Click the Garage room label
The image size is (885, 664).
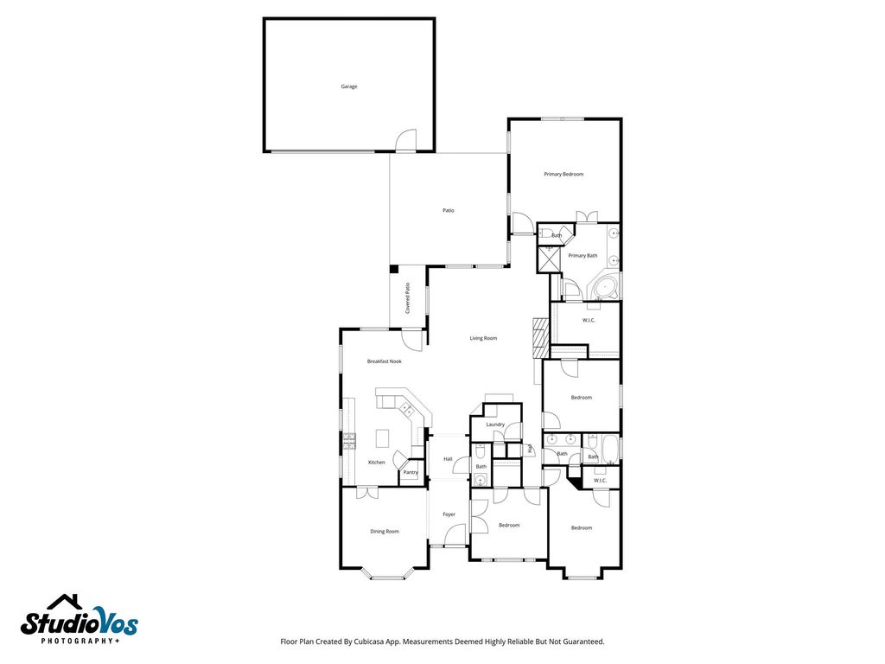[x=349, y=86]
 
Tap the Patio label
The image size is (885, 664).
[x=449, y=211]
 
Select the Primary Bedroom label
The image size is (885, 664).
[x=563, y=174]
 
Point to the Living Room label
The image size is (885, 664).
[x=484, y=338]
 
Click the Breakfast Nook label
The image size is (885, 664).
[x=385, y=361]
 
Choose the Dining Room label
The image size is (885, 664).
[x=385, y=532]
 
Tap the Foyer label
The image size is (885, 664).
[x=449, y=514]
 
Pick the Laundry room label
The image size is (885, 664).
[x=495, y=425]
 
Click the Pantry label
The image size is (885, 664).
[x=411, y=473]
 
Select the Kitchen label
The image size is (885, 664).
[x=377, y=463]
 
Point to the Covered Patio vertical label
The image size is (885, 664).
[x=408, y=298]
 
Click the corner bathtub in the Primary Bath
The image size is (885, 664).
[x=604, y=287]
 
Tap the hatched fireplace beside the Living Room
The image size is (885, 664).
[x=541, y=338]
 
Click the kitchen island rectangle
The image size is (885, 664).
[x=383, y=437]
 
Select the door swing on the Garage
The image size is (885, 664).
[x=406, y=140]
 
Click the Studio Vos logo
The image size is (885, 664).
[x=79, y=619]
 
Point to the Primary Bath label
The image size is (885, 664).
[x=583, y=256]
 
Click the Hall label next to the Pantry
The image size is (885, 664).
[x=448, y=459]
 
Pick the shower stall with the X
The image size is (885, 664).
[x=547, y=259]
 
